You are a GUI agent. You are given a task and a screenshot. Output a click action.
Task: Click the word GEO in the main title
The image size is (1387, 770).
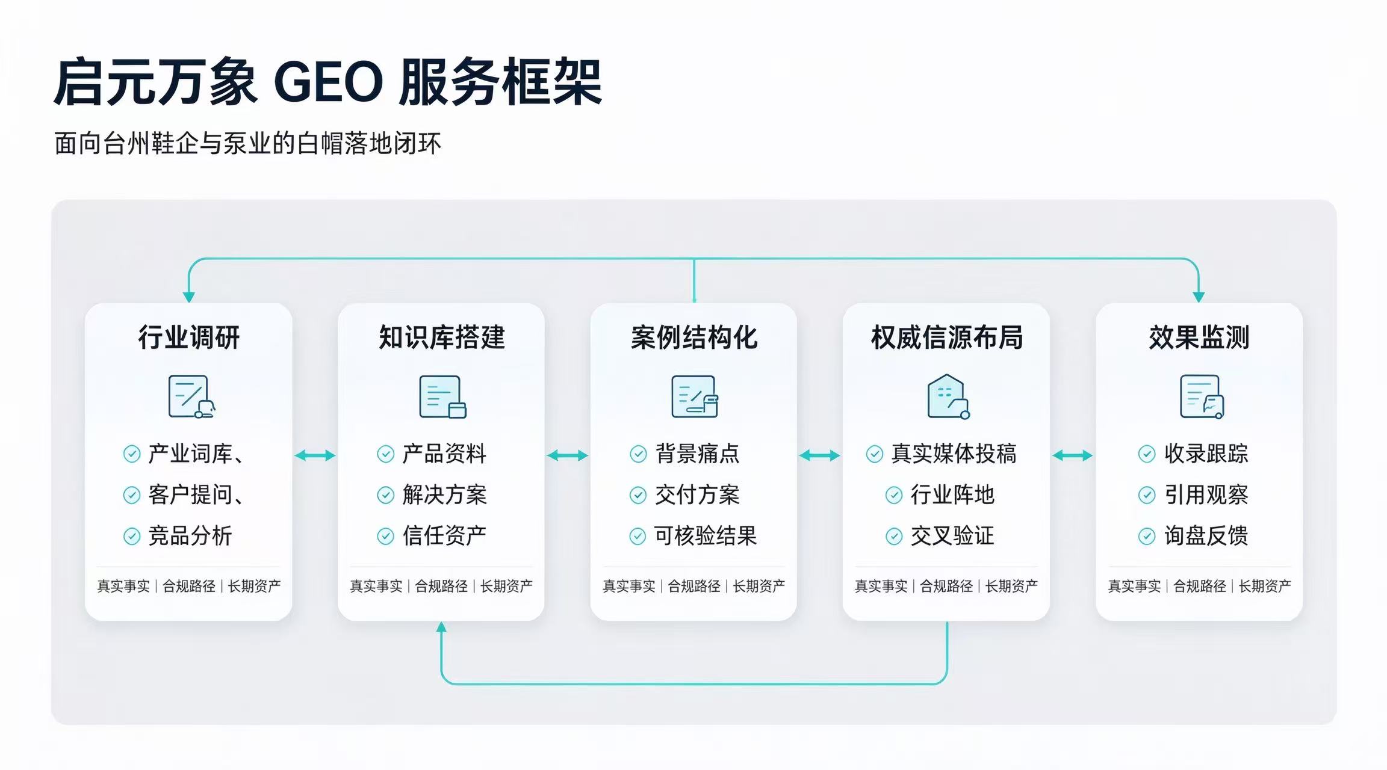click(x=329, y=82)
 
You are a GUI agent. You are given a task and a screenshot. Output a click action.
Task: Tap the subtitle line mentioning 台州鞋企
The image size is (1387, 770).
click(x=247, y=144)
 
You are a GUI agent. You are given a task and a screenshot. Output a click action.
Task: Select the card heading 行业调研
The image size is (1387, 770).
click(x=189, y=337)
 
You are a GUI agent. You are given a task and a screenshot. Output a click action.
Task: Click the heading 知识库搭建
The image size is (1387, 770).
click(x=442, y=337)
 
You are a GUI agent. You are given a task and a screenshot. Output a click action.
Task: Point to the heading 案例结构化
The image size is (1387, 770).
click(x=694, y=337)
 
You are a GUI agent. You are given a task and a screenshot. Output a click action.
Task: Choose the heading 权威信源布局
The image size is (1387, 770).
click(x=947, y=337)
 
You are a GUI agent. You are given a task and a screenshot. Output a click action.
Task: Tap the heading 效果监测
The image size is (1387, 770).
click(x=1199, y=337)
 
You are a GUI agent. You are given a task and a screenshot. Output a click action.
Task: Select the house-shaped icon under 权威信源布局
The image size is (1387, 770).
click(x=948, y=396)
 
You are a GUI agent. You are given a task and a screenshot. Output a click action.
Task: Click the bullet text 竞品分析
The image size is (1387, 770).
click(x=190, y=535)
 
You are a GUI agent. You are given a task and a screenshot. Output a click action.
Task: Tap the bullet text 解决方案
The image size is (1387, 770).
click(x=444, y=494)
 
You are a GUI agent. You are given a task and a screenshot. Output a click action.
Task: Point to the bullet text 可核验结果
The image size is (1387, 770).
click(x=706, y=535)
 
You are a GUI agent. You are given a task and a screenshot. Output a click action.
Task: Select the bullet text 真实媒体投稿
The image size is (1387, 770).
click(x=954, y=454)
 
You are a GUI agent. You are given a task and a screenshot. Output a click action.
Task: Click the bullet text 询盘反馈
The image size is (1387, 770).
click(x=1206, y=535)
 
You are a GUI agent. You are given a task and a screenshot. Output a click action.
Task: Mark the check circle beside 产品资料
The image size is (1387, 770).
click(x=385, y=454)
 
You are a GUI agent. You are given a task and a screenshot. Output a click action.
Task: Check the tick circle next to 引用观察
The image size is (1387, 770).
click(x=1147, y=495)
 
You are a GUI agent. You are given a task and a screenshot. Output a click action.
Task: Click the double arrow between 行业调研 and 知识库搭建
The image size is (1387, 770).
click(x=315, y=456)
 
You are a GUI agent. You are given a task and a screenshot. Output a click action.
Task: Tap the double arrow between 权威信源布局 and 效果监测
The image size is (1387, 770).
click(x=1072, y=456)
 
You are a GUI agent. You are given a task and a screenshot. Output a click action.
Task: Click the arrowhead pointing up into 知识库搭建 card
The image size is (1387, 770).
click(x=441, y=627)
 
